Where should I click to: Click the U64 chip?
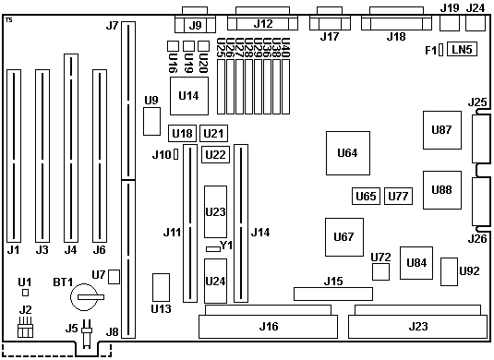[348, 153]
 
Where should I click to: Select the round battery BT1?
[84, 297]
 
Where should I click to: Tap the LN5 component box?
[462, 49]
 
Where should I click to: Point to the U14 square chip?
[189, 96]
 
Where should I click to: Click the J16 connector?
[268, 321]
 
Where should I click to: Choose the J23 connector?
[417, 321]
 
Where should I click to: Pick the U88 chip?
[442, 190]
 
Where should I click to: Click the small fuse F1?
[440, 50]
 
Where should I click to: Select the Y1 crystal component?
[213, 249]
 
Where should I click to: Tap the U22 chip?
[215, 155]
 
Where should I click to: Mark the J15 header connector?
[333, 294]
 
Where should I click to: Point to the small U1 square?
[26, 293]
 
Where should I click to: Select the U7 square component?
[114, 277]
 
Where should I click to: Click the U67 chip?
[344, 237]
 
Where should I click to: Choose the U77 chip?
[398, 197]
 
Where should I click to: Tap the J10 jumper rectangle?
[176, 155]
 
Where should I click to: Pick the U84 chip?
[416, 263]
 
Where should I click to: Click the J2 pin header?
[25, 327]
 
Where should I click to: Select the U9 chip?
[151, 121]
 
